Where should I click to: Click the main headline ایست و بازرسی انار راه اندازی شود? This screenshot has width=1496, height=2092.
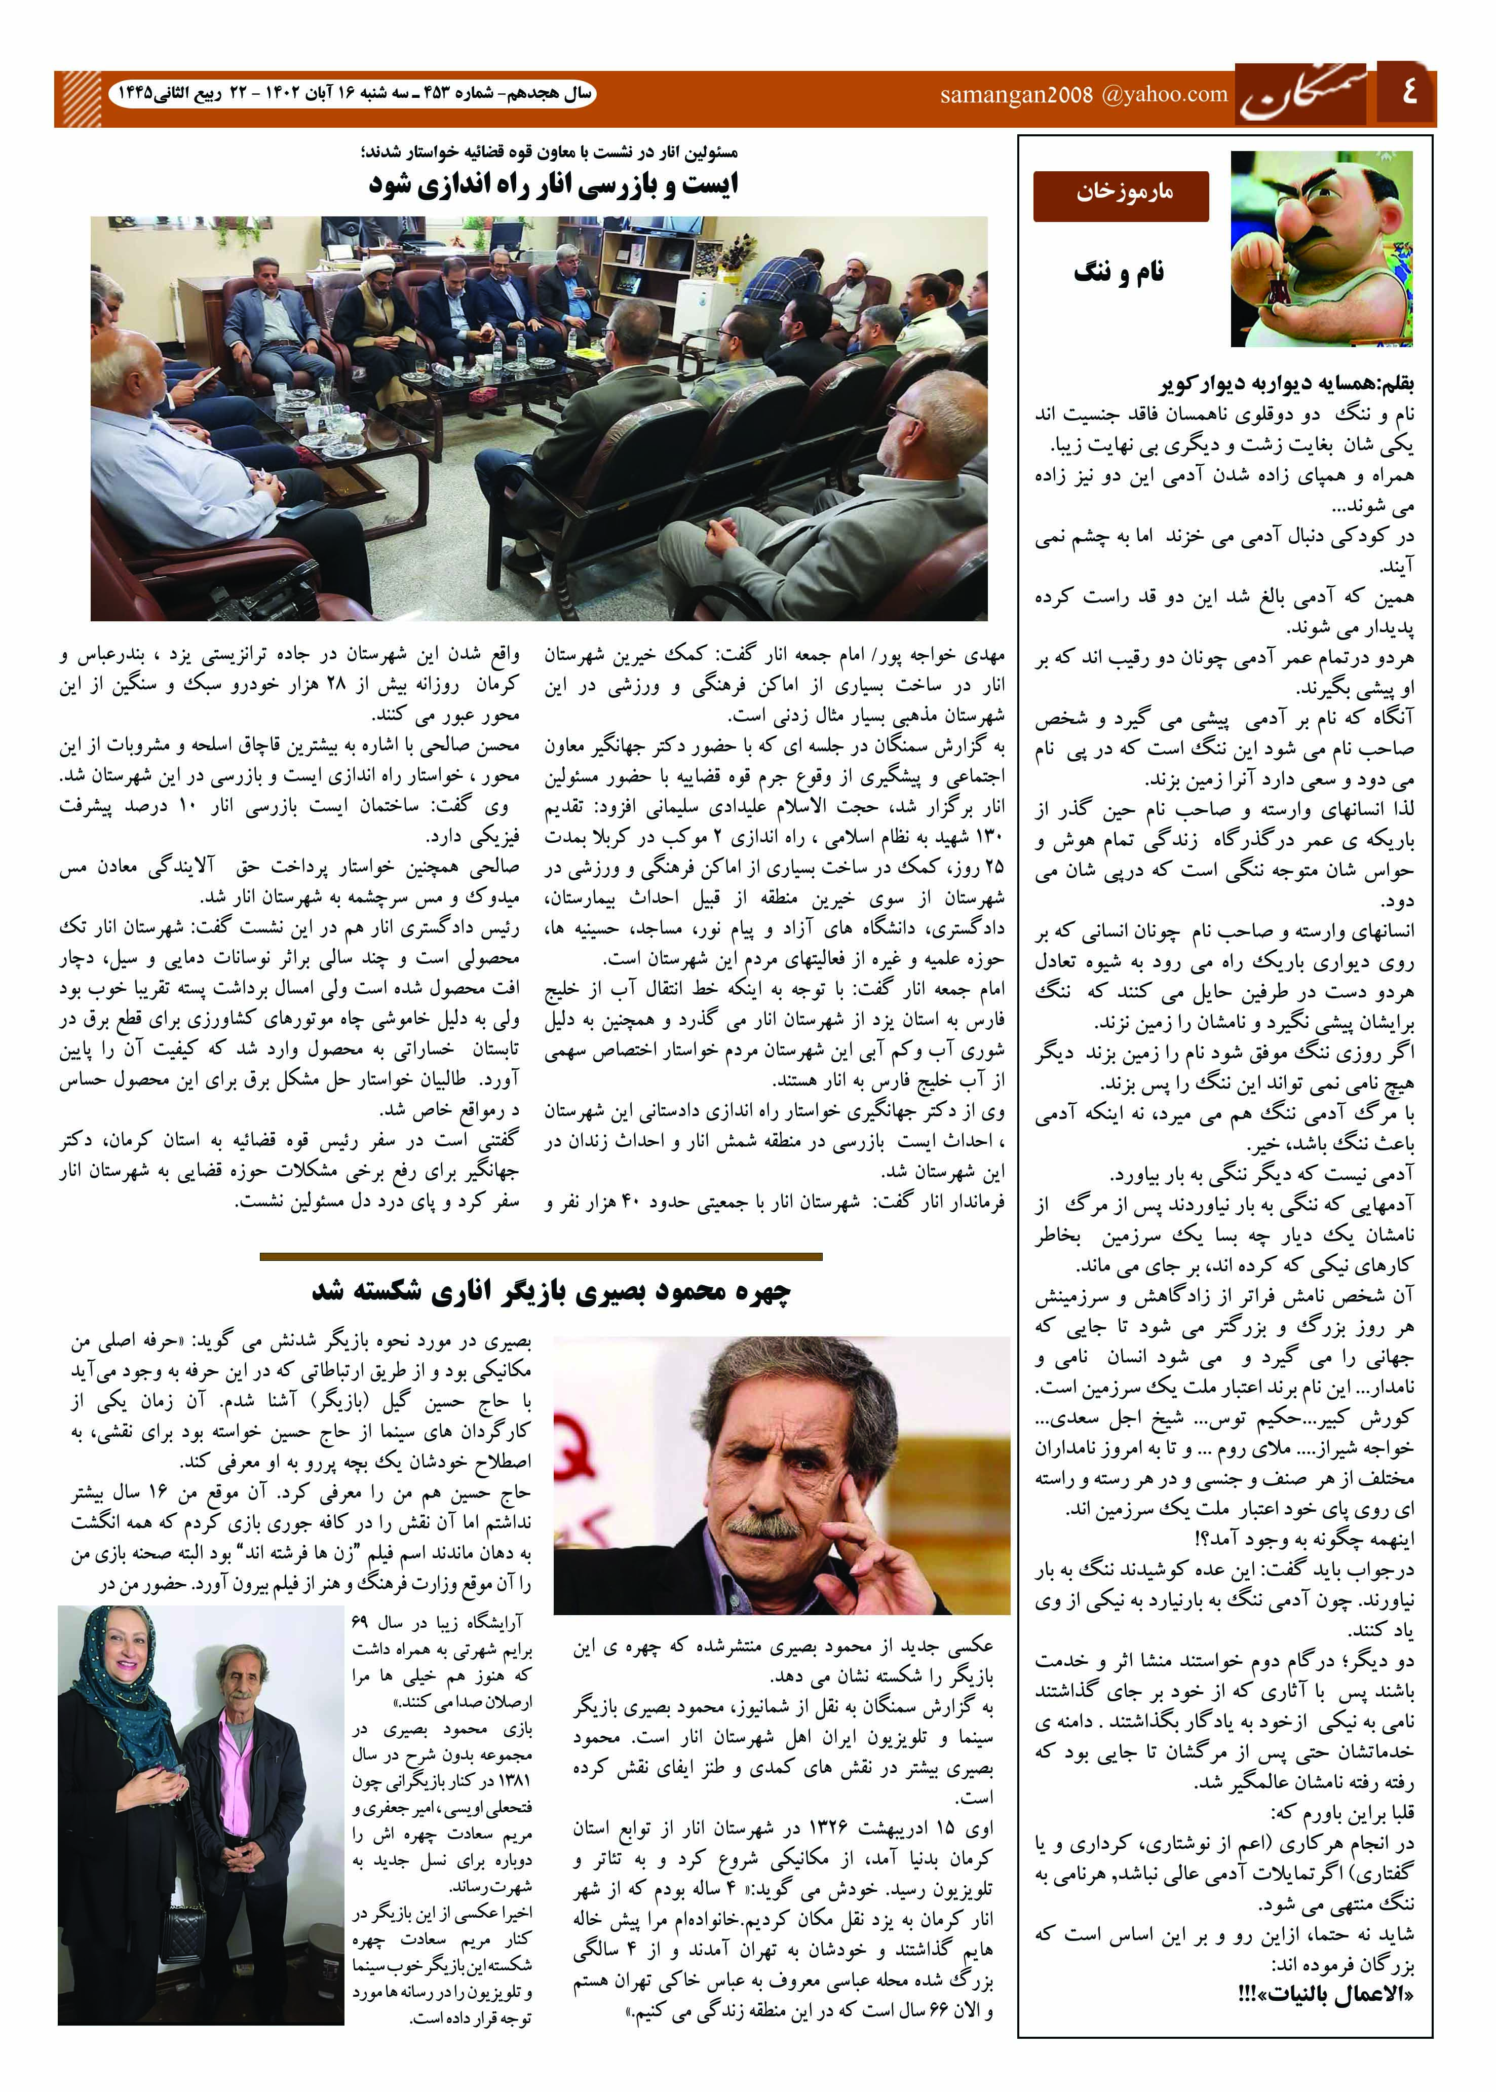pyautogui.click(x=553, y=185)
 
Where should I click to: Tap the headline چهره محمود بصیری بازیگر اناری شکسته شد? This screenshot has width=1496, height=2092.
pyautogui.click(x=551, y=1293)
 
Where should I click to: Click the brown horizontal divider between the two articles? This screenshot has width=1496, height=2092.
pyautogui.click(x=541, y=1256)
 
